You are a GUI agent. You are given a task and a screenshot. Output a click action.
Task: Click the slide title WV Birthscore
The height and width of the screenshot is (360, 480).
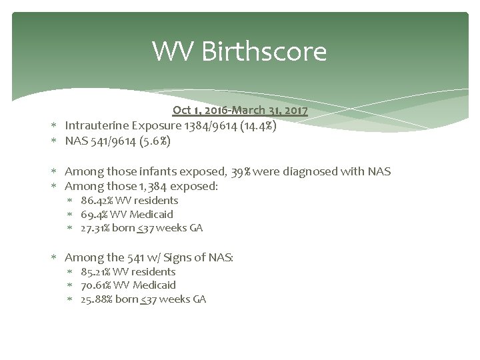[239, 51]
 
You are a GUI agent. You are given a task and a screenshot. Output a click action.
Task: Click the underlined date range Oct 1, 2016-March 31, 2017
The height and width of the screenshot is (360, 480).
[239, 110]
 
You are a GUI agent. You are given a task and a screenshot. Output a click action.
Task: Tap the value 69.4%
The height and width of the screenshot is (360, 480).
[93, 214]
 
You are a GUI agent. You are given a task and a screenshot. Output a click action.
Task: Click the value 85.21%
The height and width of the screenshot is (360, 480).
[95, 271]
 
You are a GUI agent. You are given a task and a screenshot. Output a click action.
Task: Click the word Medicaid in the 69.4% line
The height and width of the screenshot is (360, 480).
[152, 214]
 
